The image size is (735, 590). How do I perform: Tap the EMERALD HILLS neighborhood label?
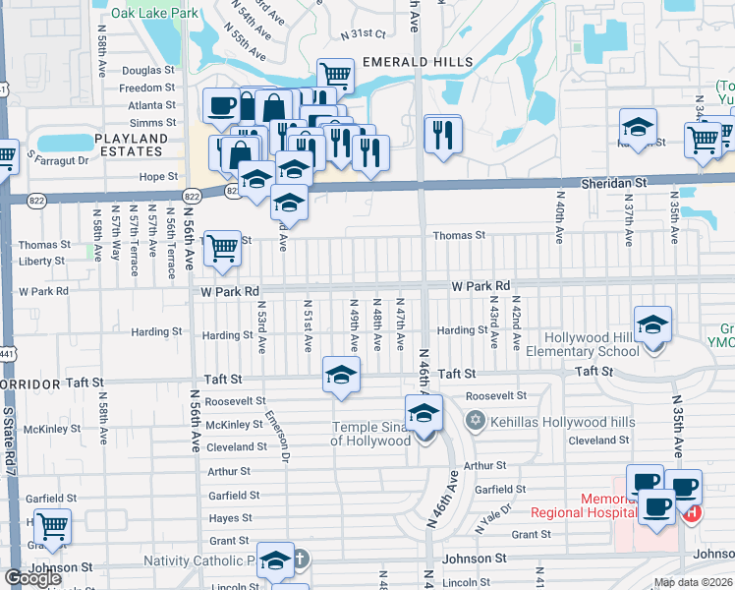418,61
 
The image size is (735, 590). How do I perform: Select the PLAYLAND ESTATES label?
130,145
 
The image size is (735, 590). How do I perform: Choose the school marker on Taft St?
341,375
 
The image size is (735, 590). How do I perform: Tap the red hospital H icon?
694,512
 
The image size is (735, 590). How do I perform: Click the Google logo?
32,578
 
